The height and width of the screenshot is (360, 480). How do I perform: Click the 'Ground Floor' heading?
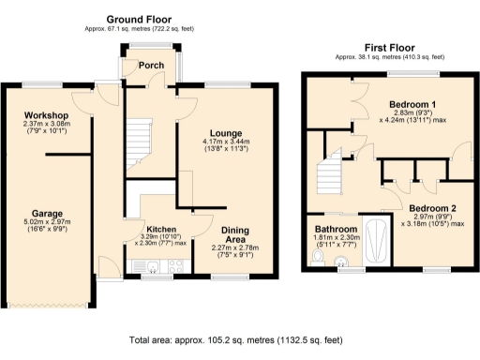(143, 19)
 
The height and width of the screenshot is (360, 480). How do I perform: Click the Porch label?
(151, 66)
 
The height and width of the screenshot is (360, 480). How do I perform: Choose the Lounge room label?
(222, 132)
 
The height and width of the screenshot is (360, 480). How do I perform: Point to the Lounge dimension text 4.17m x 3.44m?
(223, 142)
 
